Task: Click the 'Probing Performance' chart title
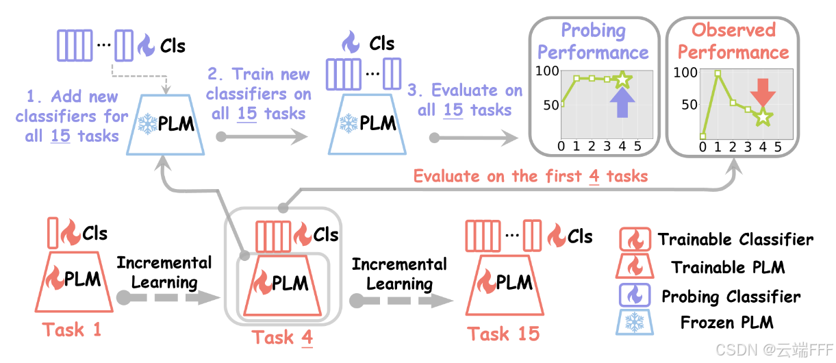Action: coord(593,41)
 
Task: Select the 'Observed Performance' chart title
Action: coord(733,41)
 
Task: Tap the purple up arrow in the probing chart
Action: coord(621,105)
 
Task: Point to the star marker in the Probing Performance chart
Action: coord(622,79)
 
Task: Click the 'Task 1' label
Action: coord(72,329)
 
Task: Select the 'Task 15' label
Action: coord(503,334)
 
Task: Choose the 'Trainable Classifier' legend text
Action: coord(735,240)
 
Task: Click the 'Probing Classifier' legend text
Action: coord(731,297)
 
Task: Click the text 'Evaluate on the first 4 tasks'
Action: coord(530,176)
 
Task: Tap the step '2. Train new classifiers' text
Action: coord(259,93)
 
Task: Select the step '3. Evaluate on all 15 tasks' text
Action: coord(465,100)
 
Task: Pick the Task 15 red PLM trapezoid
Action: coord(503,283)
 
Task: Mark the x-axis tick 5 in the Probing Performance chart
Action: coord(637,146)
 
